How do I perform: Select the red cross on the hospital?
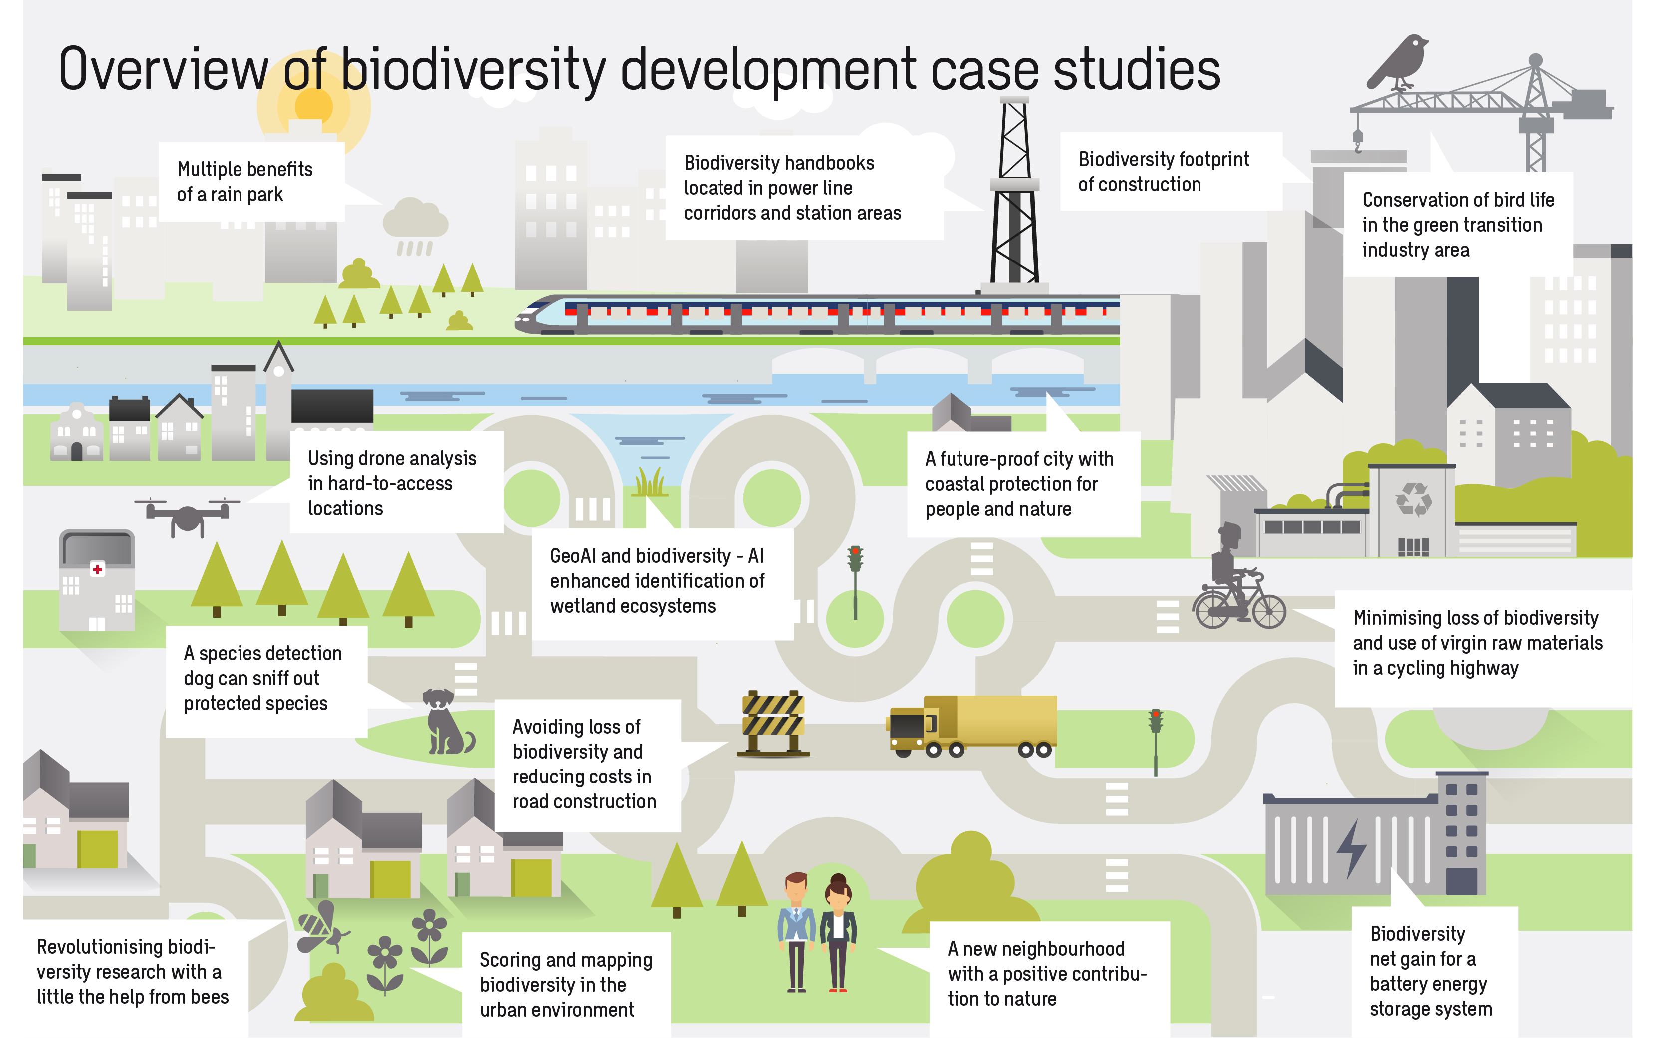(x=98, y=569)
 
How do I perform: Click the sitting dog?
(x=446, y=722)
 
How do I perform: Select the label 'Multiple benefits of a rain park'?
(x=245, y=182)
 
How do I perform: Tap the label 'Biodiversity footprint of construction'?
(x=1164, y=171)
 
